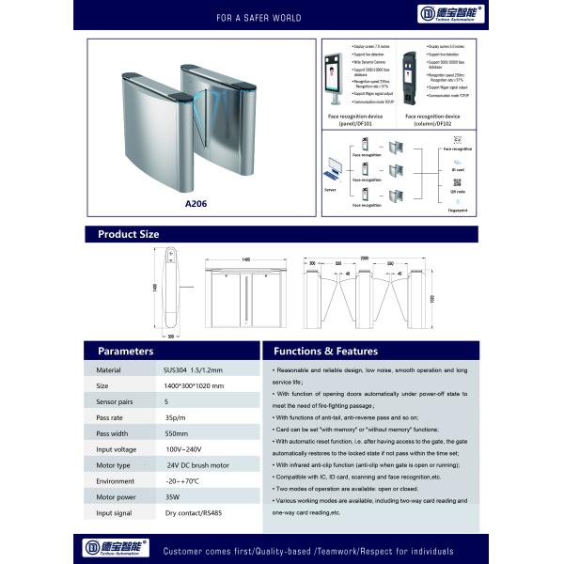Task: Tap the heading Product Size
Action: [x=129, y=235]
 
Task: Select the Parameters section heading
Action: [x=126, y=351]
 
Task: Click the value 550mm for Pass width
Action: [x=177, y=433]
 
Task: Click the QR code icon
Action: [x=458, y=180]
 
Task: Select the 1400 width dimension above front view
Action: [x=245, y=259]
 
